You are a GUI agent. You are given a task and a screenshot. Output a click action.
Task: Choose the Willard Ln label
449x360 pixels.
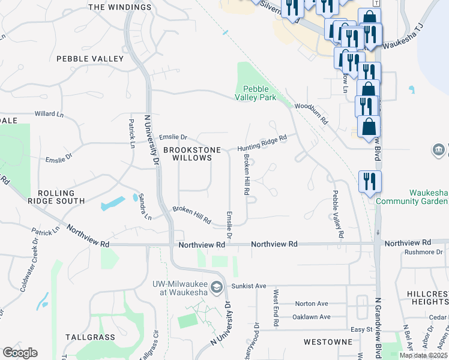pos(49,113)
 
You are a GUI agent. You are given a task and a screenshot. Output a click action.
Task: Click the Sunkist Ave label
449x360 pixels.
pos(252,286)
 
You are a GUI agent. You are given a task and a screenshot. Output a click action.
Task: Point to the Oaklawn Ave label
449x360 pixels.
pos(311,317)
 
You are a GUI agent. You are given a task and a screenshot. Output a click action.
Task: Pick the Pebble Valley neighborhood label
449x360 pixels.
pos(89,59)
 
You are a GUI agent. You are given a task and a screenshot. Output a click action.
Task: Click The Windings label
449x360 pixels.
pos(120,7)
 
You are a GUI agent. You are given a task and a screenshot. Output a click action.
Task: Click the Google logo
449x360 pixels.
pos(20,353)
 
